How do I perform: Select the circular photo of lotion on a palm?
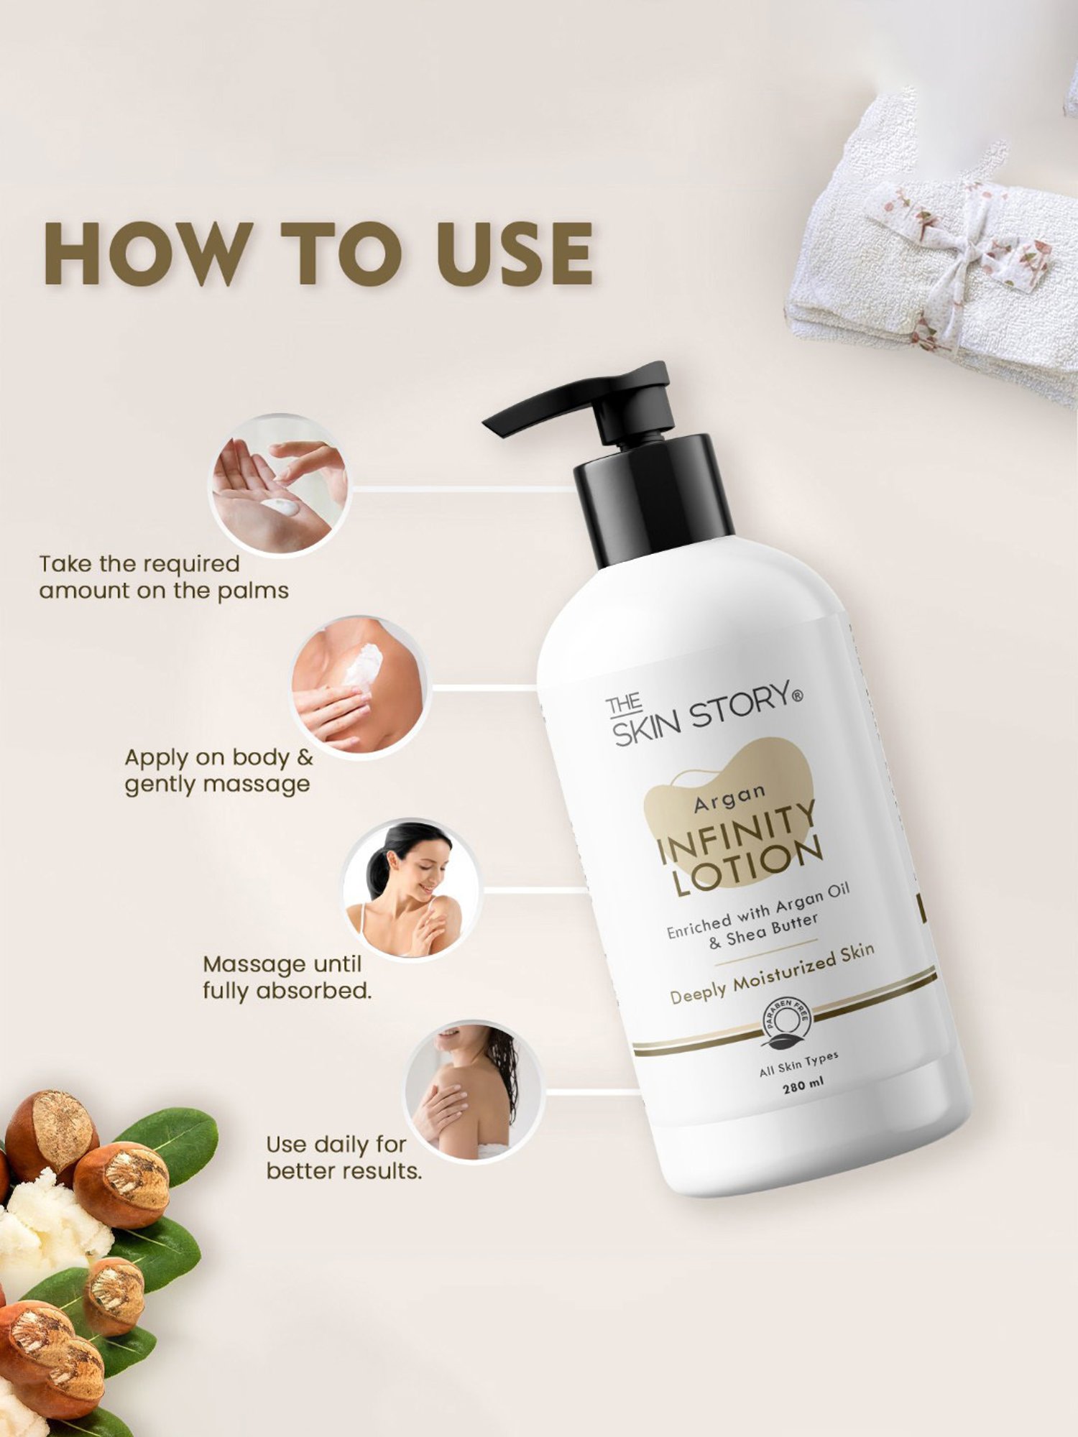click(279, 487)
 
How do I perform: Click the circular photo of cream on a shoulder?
click(359, 686)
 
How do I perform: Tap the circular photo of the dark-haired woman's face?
click(410, 890)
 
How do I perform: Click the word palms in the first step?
click(255, 591)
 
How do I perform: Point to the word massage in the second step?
click(267, 784)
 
